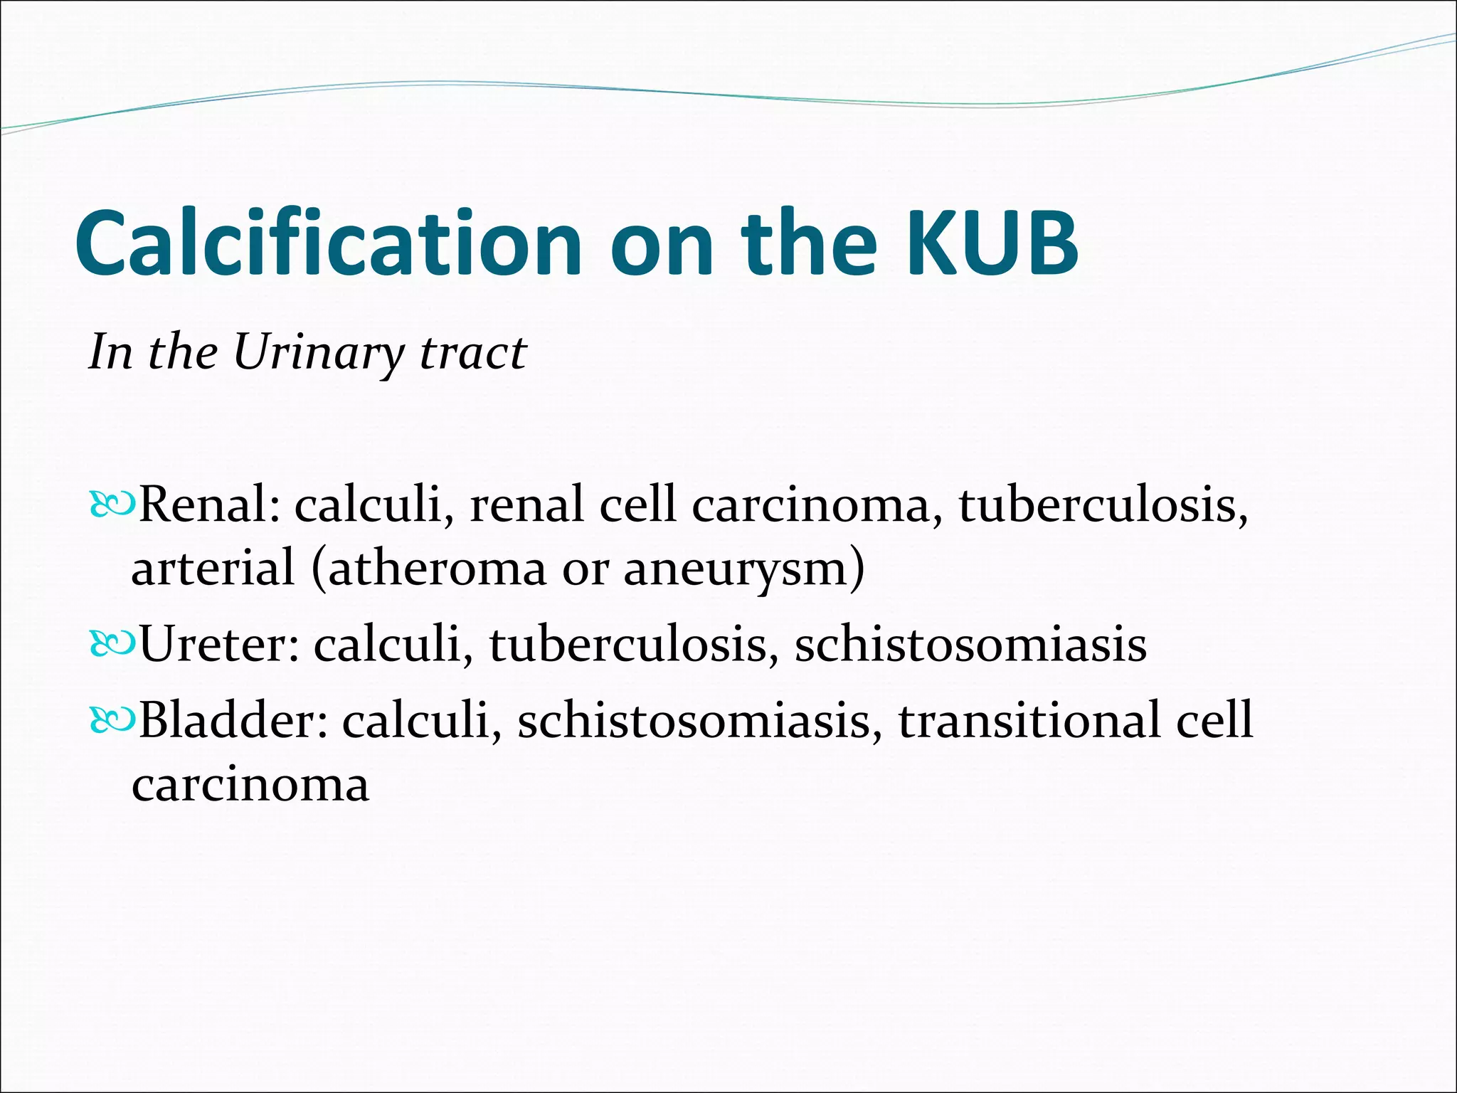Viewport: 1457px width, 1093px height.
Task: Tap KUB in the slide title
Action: coord(992,243)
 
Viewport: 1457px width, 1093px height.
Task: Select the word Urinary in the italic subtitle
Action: coord(318,352)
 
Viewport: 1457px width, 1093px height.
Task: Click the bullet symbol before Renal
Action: coord(112,505)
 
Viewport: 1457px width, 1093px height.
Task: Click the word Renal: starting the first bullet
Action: coord(209,504)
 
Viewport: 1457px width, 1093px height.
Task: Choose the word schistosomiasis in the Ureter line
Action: coord(970,644)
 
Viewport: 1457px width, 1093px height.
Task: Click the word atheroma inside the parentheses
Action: coord(435,569)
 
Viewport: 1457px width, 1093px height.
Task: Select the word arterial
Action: coord(213,569)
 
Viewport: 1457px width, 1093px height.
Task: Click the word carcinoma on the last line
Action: coord(250,786)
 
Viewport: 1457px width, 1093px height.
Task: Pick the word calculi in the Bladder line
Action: coord(418,719)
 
